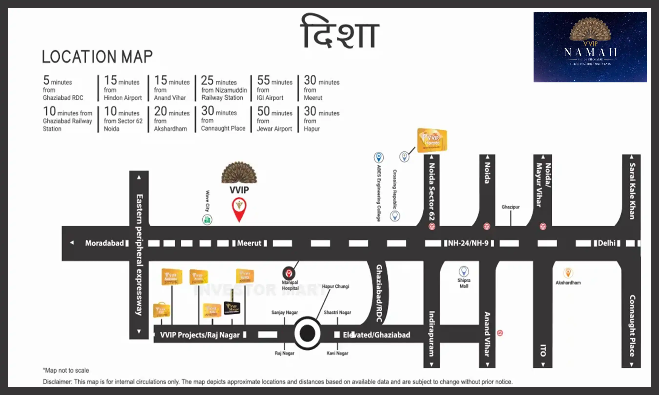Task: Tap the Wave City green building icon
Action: [x=207, y=220]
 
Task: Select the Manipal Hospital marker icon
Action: [x=289, y=273]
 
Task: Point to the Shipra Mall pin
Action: [x=464, y=271]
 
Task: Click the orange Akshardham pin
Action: [x=568, y=273]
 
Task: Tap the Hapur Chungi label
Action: [x=335, y=286]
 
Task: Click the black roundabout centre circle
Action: [x=307, y=333]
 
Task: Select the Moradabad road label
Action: [x=104, y=243]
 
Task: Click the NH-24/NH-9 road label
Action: [x=468, y=243]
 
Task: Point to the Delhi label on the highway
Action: [x=607, y=243]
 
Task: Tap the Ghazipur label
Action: [x=510, y=207]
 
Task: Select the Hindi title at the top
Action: [x=340, y=32]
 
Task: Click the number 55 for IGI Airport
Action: [x=263, y=80]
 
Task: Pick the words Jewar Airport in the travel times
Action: [x=274, y=129]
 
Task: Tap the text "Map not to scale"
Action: [x=66, y=370]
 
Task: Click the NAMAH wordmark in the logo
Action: [x=590, y=52]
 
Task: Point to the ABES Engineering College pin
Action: [x=379, y=157]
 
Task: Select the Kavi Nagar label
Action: [x=337, y=353]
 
